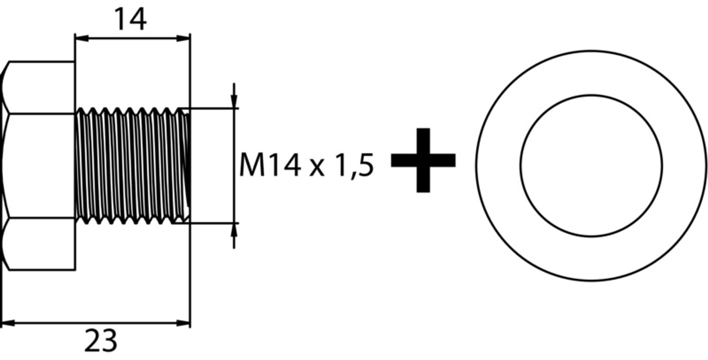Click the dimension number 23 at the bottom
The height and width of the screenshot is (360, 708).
[x=101, y=341]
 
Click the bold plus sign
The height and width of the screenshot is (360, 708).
[x=423, y=160]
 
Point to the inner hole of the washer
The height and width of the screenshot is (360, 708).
[x=591, y=165]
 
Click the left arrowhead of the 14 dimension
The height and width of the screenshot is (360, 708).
[x=82, y=38]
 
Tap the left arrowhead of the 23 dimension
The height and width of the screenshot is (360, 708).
[x=8, y=323]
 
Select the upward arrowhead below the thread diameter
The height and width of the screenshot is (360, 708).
[x=234, y=230]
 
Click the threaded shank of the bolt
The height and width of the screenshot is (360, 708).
[x=129, y=166]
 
